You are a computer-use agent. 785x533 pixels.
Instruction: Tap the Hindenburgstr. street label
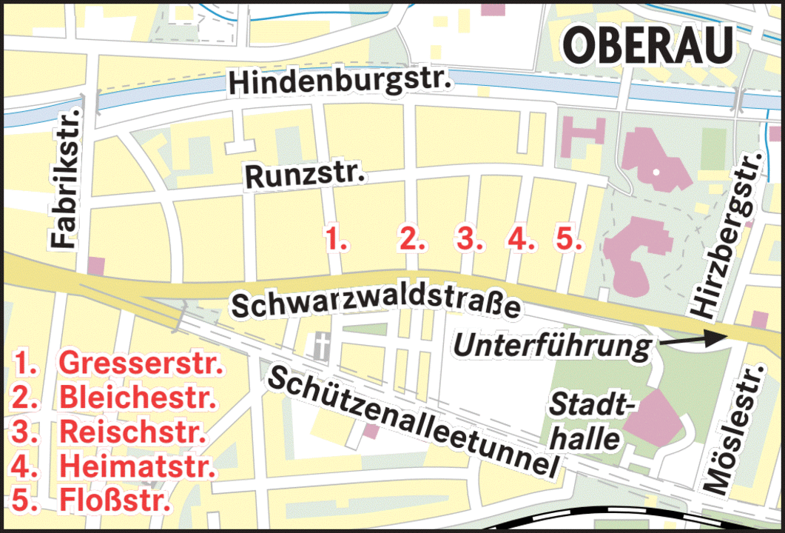(x=340, y=82)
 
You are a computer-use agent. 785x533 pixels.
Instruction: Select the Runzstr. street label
(x=306, y=177)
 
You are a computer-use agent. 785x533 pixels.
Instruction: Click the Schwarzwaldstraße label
(x=376, y=304)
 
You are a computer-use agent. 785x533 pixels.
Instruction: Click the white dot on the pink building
(x=656, y=172)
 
